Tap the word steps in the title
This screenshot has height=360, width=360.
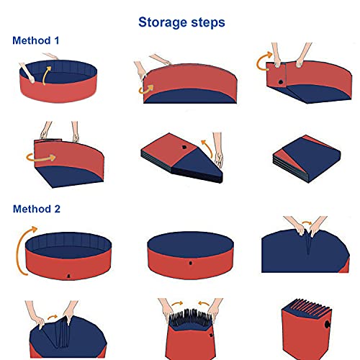point(206,23)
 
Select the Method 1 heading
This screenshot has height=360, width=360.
point(36,40)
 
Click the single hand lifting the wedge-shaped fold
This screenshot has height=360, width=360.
point(218,159)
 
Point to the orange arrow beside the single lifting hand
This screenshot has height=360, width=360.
point(208,146)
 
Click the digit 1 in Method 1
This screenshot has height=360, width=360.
point(56,40)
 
